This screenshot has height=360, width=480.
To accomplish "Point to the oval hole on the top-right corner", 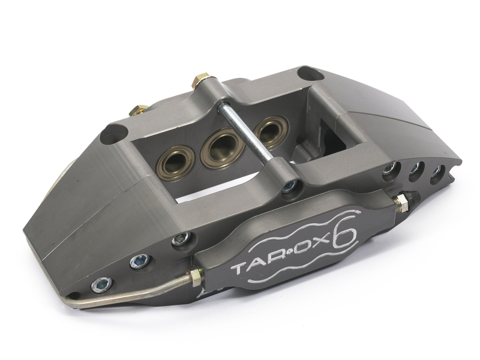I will point(308,74).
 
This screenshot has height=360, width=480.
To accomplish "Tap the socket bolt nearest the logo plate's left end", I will point(179,241).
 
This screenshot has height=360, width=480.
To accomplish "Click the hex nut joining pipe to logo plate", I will point(195,277).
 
